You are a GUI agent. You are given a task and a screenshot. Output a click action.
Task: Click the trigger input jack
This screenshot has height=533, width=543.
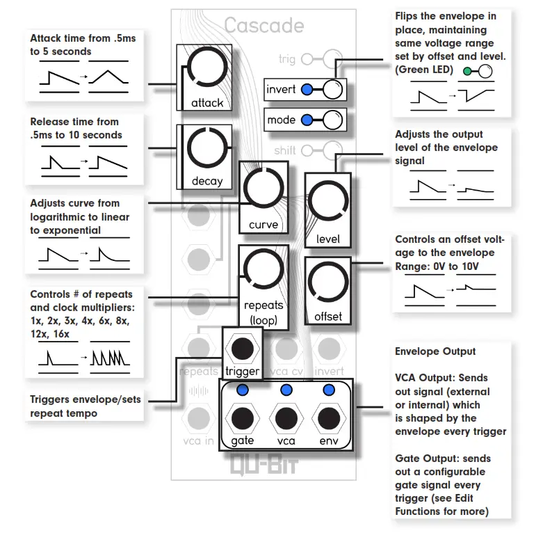click(x=243, y=348)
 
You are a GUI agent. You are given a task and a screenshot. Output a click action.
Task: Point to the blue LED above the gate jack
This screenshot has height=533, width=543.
click(x=243, y=390)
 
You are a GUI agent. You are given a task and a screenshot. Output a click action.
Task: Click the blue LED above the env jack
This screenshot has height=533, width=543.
click(x=329, y=390)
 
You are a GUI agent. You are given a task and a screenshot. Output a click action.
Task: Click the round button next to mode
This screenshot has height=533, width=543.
click(x=333, y=120)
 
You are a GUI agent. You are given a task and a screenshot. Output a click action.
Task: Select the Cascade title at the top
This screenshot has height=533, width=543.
click(x=264, y=26)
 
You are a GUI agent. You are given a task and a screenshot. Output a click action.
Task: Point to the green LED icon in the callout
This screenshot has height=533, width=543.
click(x=468, y=71)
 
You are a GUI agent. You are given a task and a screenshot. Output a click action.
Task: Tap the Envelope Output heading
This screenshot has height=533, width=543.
click(x=435, y=351)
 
